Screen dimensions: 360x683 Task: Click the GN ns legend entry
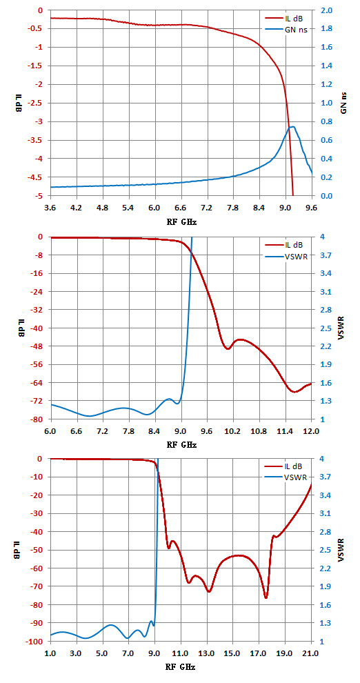pos(289,30)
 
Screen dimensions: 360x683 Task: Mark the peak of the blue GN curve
pos(293,127)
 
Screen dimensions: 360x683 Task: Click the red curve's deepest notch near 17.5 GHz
pos(266,597)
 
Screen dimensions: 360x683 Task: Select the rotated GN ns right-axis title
pos(343,102)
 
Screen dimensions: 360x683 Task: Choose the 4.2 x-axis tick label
pos(77,208)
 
